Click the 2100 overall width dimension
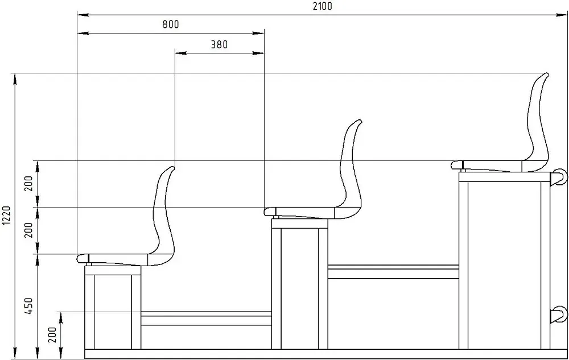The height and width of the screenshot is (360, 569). (322, 6)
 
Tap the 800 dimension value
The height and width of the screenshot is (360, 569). (171, 24)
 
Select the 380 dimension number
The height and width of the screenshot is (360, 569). (219, 44)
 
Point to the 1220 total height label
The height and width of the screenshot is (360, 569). (6, 216)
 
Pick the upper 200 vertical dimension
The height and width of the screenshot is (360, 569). (29, 184)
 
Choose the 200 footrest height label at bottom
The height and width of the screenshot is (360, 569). (53, 334)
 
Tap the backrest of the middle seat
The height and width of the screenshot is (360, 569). (351, 167)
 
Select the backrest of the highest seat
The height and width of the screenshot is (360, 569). (537, 119)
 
